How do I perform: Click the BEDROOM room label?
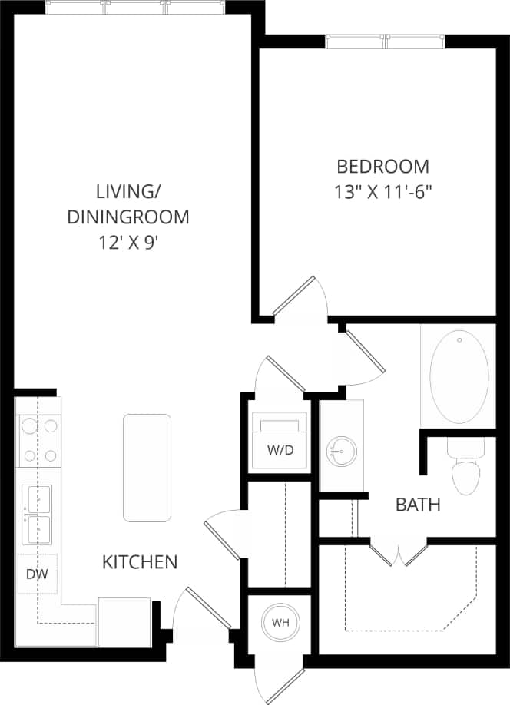[383, 166]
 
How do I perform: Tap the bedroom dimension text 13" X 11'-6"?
[383, 191]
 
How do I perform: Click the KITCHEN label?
[140, 562]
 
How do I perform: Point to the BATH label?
[418, 505]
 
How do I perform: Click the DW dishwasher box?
[37, 574]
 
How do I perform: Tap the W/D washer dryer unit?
[280, 442]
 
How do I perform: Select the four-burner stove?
[38, 440]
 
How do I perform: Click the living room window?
[136, 8]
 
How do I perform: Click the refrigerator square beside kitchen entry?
[124, 621]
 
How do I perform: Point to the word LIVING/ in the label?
[127, 190]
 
